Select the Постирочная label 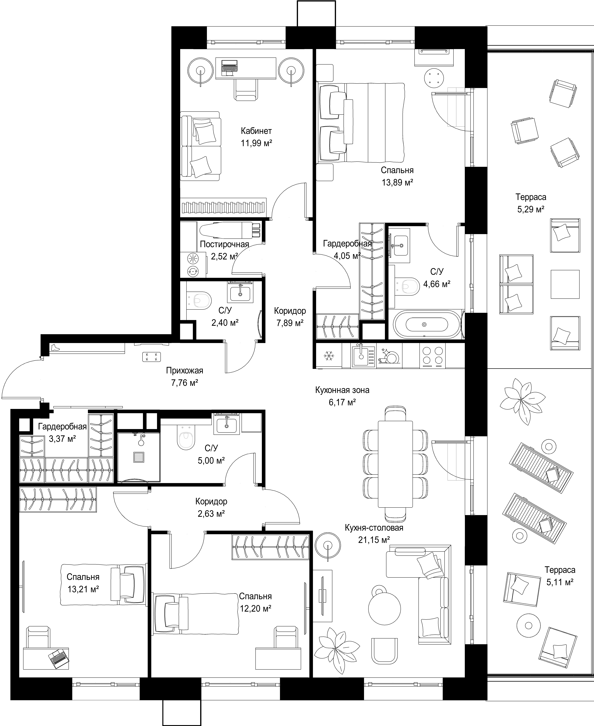click(224, 244)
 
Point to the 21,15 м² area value click(374, 540)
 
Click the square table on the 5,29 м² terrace click(565, 284)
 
